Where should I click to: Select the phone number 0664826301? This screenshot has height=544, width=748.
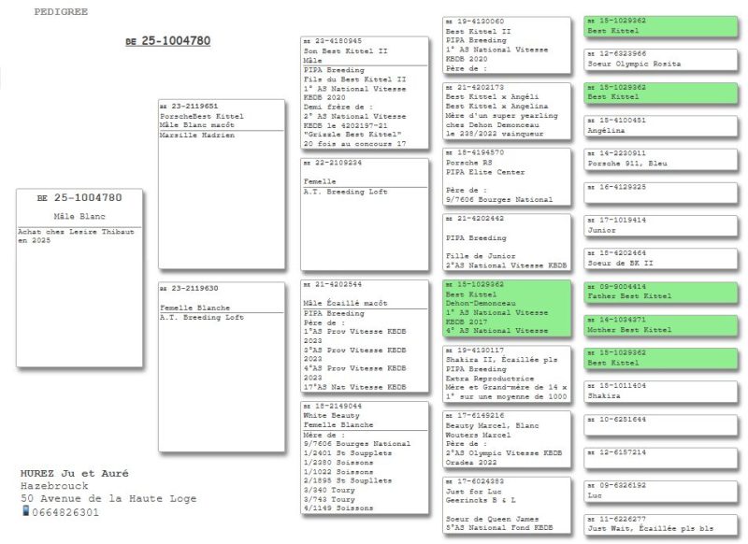pyautogui.click(x=65, y=512)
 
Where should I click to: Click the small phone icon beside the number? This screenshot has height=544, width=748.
pyautogui.click(x=25, y=512)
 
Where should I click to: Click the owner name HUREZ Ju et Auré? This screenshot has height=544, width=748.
pyautogui.click(x=74, y=474)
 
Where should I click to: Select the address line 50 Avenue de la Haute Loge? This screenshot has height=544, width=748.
pyautogui.click(x=108, y=499)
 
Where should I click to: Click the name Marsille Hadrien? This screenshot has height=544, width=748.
pyautogui.click(x=196, y=135)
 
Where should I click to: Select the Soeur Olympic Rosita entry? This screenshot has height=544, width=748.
pyautogui.click(x=633, y=64)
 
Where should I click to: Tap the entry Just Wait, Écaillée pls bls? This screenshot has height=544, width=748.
pyautogui.click(x=650, y=528)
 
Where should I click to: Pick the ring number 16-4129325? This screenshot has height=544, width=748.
pyautogui.click(x=621, y=187)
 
